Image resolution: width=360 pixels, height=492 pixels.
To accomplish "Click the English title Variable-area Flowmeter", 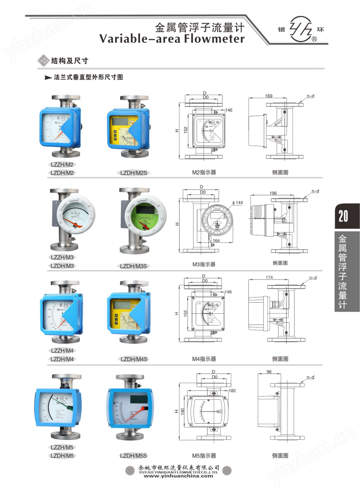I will coord(172,39).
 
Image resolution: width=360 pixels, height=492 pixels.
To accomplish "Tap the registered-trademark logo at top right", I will coord(301,30).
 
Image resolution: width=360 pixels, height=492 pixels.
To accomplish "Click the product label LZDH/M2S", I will coord(133,173).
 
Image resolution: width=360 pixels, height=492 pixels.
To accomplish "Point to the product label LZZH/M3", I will coord(62,257).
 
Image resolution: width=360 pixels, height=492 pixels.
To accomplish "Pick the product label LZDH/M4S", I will coord(134,359).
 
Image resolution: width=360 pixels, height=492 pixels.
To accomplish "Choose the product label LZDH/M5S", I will coord(133,456).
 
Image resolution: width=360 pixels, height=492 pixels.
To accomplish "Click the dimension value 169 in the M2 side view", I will coord(269,96).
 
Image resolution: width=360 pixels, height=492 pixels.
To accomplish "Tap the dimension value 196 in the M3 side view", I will coord(273,193).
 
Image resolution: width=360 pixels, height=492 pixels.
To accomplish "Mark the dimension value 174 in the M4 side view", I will coord(269,277).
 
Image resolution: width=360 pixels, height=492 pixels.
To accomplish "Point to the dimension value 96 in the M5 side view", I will coord(269,372).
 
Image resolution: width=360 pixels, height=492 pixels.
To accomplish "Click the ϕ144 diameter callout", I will coord(237,203).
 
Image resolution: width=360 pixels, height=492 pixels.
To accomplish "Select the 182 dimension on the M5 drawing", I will coord(232,391).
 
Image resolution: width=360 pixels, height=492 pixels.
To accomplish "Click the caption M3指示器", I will coord(204,264).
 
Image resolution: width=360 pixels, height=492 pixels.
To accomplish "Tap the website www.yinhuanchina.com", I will coord(178,476).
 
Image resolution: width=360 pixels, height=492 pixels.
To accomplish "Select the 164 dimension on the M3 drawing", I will coord(216,241).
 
